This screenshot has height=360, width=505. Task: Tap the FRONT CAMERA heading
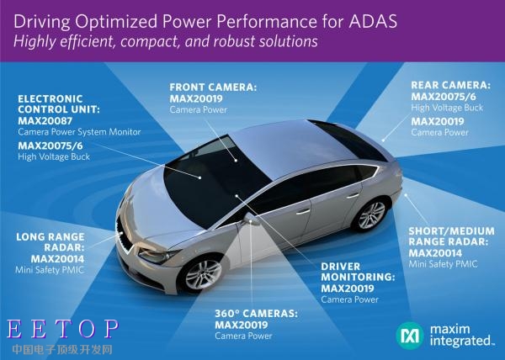tap(213, 87)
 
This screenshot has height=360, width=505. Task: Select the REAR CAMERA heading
tap(450, 85)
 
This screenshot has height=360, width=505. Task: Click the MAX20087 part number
tap(45, 121)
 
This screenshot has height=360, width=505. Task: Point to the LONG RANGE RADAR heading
tap(50, 242)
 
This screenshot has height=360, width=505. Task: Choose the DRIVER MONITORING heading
tap(358, 272)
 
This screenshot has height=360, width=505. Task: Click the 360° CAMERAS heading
tap(257, 314)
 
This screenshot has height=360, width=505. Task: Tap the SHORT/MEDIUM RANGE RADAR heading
tap(451, 236)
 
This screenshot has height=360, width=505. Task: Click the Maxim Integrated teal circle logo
tap(410, 336)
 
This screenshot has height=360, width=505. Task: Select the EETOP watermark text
tap(62, 329)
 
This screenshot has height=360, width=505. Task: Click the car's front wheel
tap(203, 274)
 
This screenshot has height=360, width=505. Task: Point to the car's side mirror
tap(252, 219)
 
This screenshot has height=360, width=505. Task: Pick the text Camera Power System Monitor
tap(79, 132)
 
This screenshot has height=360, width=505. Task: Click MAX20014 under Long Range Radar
tap(57, 259)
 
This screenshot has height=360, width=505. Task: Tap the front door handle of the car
tap(303, 212)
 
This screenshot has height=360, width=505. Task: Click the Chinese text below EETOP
tap(62, 349)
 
